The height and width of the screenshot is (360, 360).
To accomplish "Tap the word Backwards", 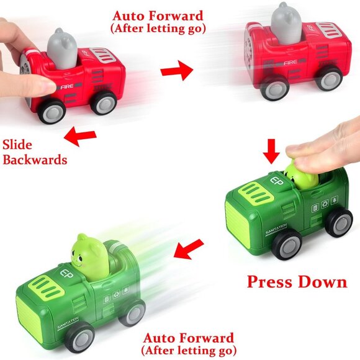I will click(x=34, y=160).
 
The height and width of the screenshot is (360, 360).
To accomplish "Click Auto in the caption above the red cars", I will click(x=128, y=16).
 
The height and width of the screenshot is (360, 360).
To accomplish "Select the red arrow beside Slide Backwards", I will click(x=81, y=137).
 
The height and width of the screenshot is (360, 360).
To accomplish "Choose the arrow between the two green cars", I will click(x=190, y=250).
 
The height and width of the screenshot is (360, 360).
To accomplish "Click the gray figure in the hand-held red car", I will click(x=61, y=48).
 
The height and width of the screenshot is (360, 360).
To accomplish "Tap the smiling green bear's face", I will click(x=88, y=253).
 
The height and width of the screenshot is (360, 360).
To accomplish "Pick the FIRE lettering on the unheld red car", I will click(x=292, y=63).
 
